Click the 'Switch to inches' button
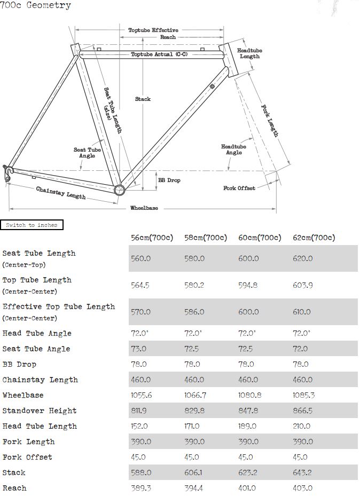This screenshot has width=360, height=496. click(32, 225)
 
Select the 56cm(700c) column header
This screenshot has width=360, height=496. click(152, 238)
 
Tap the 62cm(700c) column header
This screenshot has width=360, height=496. click(314, 238)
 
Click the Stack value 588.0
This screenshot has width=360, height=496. click(140, 473)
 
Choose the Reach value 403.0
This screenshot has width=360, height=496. click(302, 488)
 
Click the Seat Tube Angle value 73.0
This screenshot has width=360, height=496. click(139, 349)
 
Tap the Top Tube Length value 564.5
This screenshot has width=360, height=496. click(140, 285)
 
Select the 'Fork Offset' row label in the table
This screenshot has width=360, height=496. click(27, 457)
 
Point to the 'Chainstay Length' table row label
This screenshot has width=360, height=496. click(40, 380)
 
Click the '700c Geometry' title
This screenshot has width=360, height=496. click(35, 6)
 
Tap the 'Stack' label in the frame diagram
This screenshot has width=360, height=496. click(143, 99)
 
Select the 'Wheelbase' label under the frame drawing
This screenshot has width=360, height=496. click(144, 208)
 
